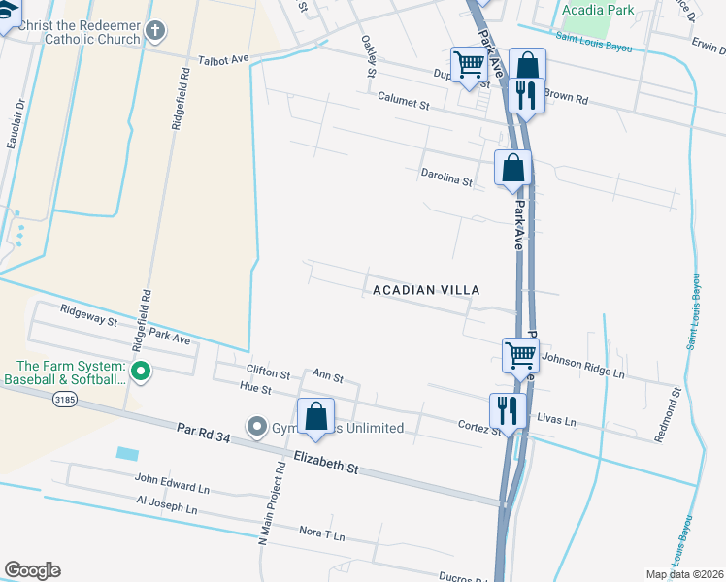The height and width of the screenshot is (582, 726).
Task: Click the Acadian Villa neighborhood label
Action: click(423, 290)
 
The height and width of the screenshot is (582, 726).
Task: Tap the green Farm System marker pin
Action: click(140, 370)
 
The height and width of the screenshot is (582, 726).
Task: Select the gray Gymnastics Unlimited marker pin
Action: click(256, 426)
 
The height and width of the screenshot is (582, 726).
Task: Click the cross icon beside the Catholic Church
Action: click(153, 31)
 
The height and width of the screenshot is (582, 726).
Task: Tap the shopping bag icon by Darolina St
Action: click(512, 168)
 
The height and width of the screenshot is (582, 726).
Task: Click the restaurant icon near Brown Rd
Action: click(526, 96)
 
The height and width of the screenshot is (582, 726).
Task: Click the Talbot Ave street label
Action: click(224, 59)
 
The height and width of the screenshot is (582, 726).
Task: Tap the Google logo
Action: click(32, 570)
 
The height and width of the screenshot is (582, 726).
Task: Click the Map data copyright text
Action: click(684, 574)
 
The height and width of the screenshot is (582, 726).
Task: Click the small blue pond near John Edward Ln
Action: click(126, 453)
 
